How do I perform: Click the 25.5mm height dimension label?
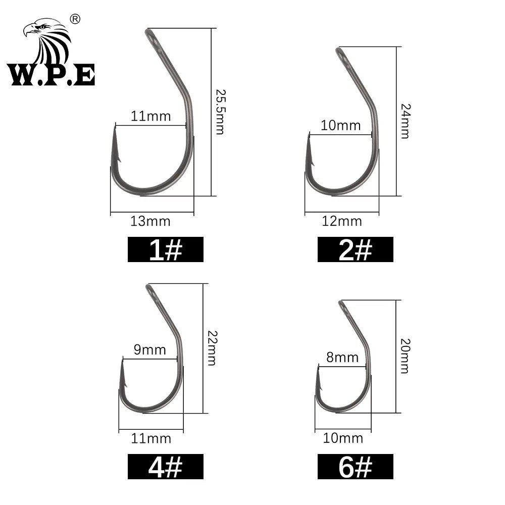(x=221, y=112)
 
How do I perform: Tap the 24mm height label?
(x=406, y=121)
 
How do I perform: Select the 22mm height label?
(x=212, y=348)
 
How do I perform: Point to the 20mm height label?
(x=405, y=356)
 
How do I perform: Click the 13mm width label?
(x=150, y=222)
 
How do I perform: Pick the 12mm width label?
(x=342, y=222)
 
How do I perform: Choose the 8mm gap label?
(x=342, y=358)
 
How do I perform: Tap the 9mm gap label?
(x=150, y=350)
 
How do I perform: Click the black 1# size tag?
(x=166, y=249)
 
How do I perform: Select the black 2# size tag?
(x=355, y=249)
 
